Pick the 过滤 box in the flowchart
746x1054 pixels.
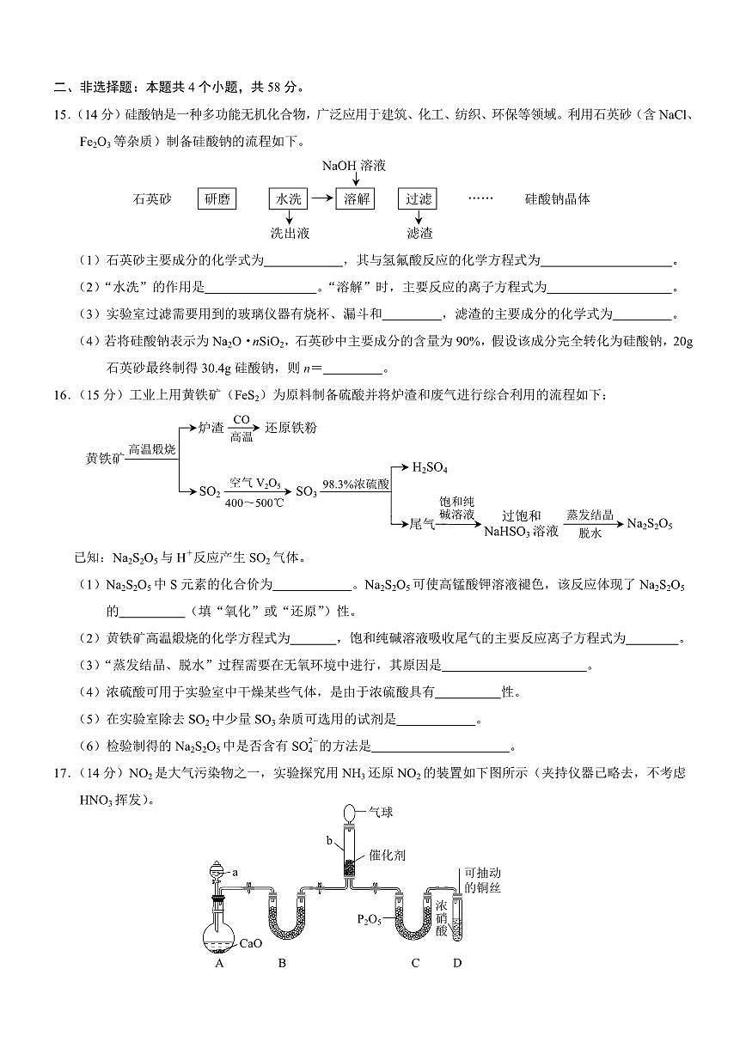[419, 199]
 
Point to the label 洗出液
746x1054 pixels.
[290, 233]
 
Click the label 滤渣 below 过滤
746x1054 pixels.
[419, 233]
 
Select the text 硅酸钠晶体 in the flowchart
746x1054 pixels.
[558, 199]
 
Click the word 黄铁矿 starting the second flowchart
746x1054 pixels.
[105, 456]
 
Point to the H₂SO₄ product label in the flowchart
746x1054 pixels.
[430, 467]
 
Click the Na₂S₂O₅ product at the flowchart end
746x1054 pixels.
[650, 522]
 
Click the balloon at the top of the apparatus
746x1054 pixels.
[349, 812]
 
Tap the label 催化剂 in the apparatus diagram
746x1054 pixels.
[387, 856]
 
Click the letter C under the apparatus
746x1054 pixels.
[415, 963]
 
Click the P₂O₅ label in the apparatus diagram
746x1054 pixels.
[370, 920]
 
